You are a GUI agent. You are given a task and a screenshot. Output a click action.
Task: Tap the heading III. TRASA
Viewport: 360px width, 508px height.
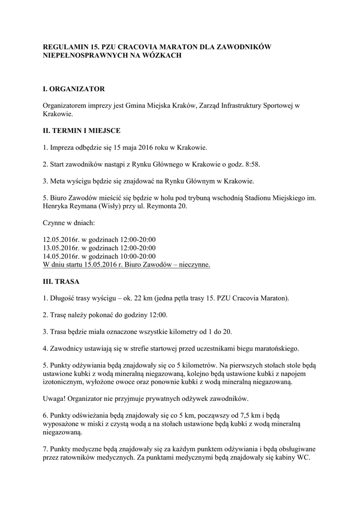[x=62, y=281]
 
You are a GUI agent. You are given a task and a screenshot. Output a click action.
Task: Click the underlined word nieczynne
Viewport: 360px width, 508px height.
[x=194, y=265]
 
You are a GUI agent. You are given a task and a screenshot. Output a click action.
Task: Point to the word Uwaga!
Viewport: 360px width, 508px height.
[x=55, y=399]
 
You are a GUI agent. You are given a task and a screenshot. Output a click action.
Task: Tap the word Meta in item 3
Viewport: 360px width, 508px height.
[x=59, y=181]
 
